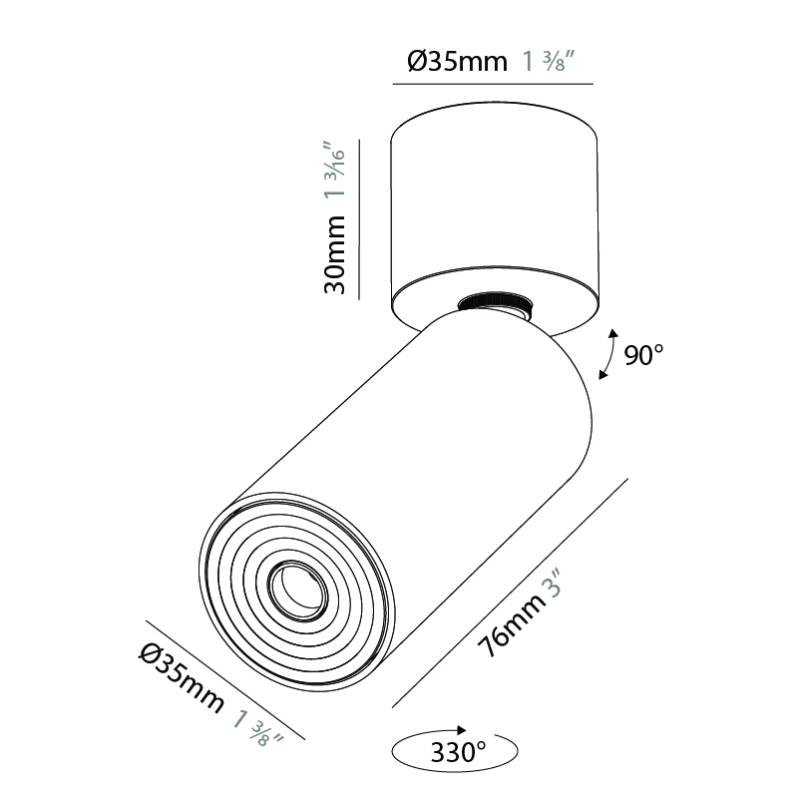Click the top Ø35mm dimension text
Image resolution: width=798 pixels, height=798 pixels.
457,62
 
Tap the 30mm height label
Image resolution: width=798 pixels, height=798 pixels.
335,254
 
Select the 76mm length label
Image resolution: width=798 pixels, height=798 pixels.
510,626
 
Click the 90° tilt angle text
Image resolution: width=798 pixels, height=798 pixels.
643,355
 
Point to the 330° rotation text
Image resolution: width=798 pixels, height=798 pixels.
458,752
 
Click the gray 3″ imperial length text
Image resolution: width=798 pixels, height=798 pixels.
554,584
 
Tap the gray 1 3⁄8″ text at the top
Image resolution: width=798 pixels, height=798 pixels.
549,61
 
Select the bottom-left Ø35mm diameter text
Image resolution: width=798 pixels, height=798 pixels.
181,679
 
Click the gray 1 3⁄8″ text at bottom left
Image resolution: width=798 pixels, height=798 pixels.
258,729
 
